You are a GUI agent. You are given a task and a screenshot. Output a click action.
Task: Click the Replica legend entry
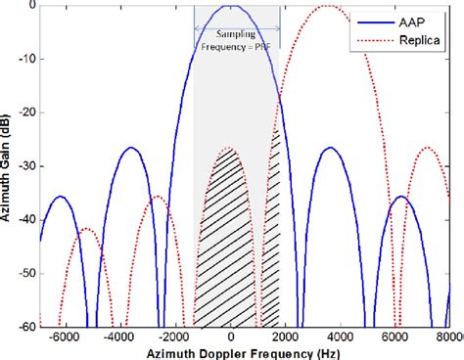(417, 43)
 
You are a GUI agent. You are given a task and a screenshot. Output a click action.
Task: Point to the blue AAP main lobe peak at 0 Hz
(230, 6)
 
